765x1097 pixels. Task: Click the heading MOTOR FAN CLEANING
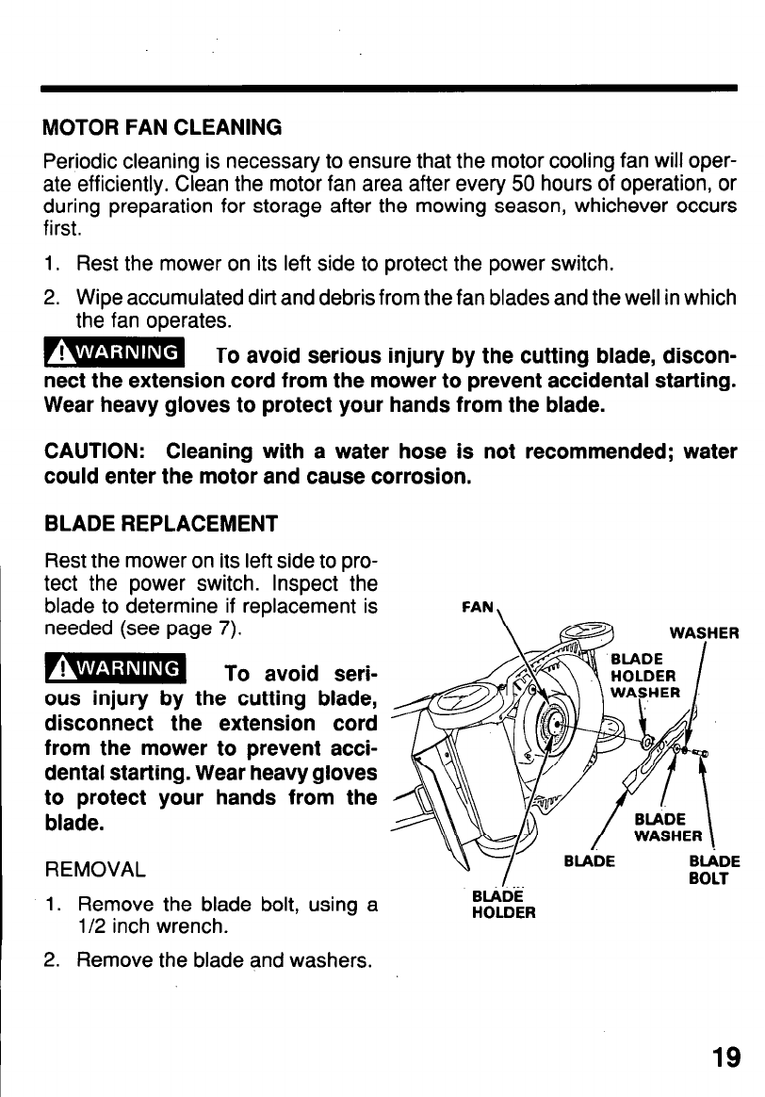tap(163, 125)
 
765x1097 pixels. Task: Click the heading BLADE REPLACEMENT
tap(161, 523)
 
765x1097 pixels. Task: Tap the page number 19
tap(725, 1057)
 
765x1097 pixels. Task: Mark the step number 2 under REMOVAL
tap(53, 961)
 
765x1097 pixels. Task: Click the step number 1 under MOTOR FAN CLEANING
tap(52, 262)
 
